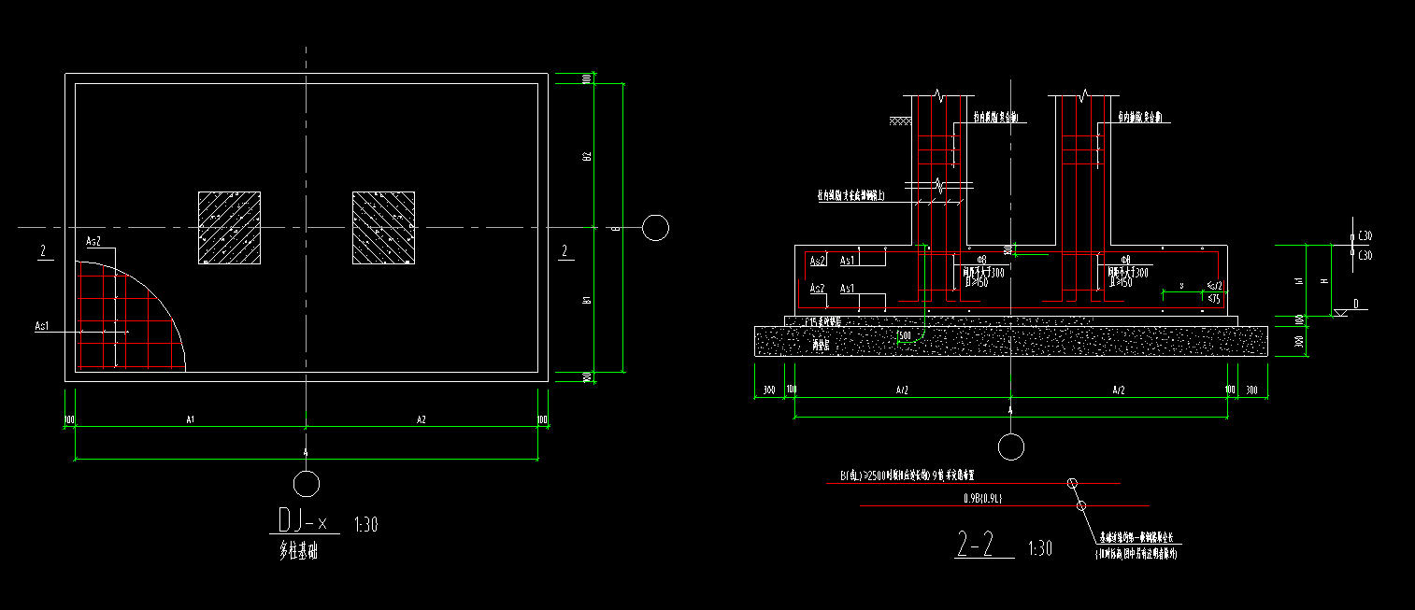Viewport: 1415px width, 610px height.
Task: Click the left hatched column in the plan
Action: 229,228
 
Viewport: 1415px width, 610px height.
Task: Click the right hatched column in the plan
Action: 383,228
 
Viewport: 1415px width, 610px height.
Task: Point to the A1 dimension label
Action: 190,420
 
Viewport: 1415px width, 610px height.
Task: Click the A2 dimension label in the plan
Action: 422,420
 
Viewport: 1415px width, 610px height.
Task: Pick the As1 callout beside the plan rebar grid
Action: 42,326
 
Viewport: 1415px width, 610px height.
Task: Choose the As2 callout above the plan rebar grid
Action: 93,241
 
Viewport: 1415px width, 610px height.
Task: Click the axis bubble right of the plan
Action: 655,227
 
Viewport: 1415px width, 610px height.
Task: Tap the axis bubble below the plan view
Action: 306,484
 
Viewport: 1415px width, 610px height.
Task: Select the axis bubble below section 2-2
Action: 1010,447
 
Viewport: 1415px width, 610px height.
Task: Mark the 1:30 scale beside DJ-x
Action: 366,525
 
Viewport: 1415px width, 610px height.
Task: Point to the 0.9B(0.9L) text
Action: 983,499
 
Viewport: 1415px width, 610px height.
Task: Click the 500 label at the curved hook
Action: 904,334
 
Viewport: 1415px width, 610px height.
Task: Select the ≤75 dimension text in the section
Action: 1214,299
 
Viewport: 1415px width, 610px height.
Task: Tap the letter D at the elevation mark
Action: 1355,305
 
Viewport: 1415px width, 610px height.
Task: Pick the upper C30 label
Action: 1365,237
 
